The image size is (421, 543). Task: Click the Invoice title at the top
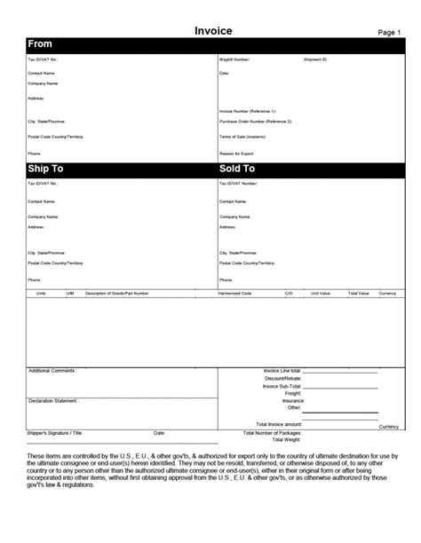(x=214, y=30)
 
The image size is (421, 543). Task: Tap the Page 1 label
(x=389, y=32)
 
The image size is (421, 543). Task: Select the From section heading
(x=40, y=44)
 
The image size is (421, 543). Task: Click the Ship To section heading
(x=46, y=169)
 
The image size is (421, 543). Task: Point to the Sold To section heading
(x=237, y=169)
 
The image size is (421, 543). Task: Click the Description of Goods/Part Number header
(x=116, y=292)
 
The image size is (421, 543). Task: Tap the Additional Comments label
(x=52, y=370)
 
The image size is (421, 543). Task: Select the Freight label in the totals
(x=293, y=394)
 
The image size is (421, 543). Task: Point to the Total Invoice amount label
(x=279, y=424)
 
